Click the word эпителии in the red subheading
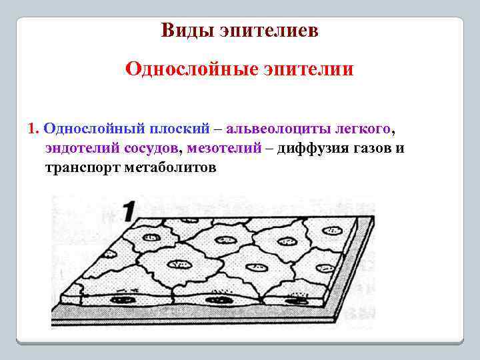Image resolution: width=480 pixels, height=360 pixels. (x=313, y=69)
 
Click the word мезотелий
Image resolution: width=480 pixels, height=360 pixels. (x=225, y=147)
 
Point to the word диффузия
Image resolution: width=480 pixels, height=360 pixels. (x=310, y=147)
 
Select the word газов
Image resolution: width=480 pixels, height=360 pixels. (x=370, y=147)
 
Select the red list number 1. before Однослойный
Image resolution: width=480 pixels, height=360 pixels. (x=35, y=127)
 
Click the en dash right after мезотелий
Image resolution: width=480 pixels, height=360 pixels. (x=268, y=147)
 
